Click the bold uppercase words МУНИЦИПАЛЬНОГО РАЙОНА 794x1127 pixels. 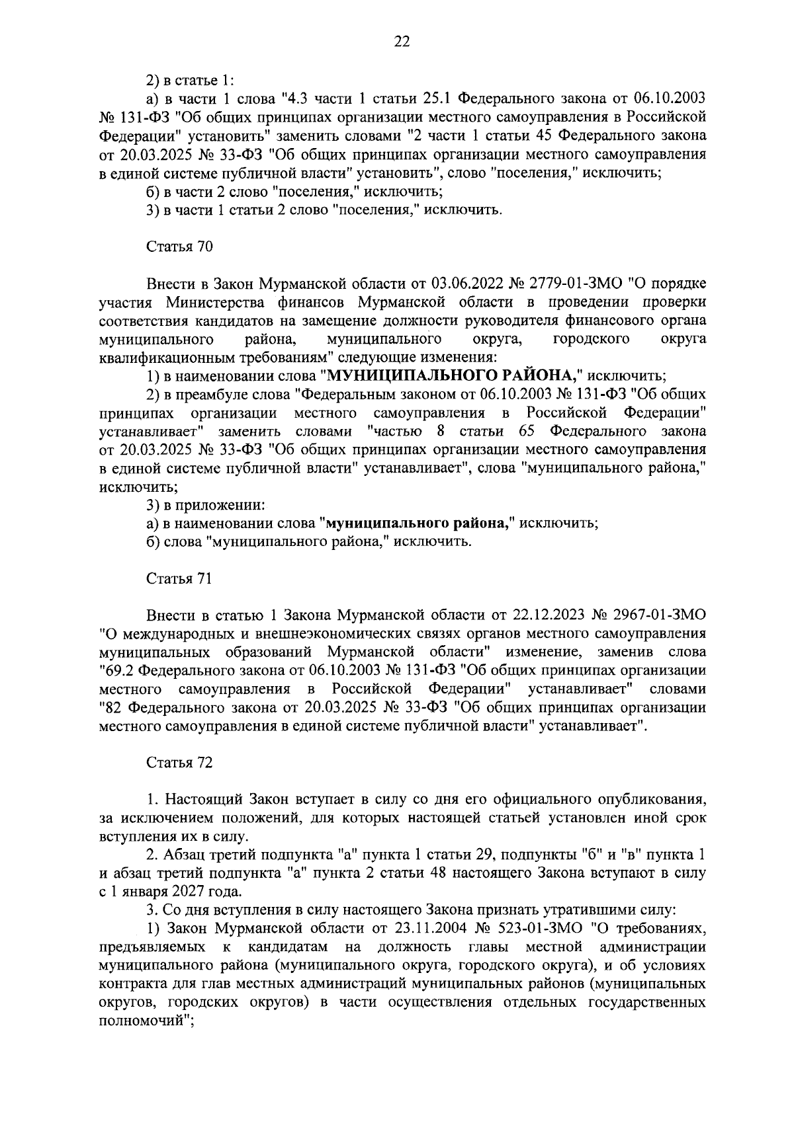coord(451,376)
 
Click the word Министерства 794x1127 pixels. coord(210,303)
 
